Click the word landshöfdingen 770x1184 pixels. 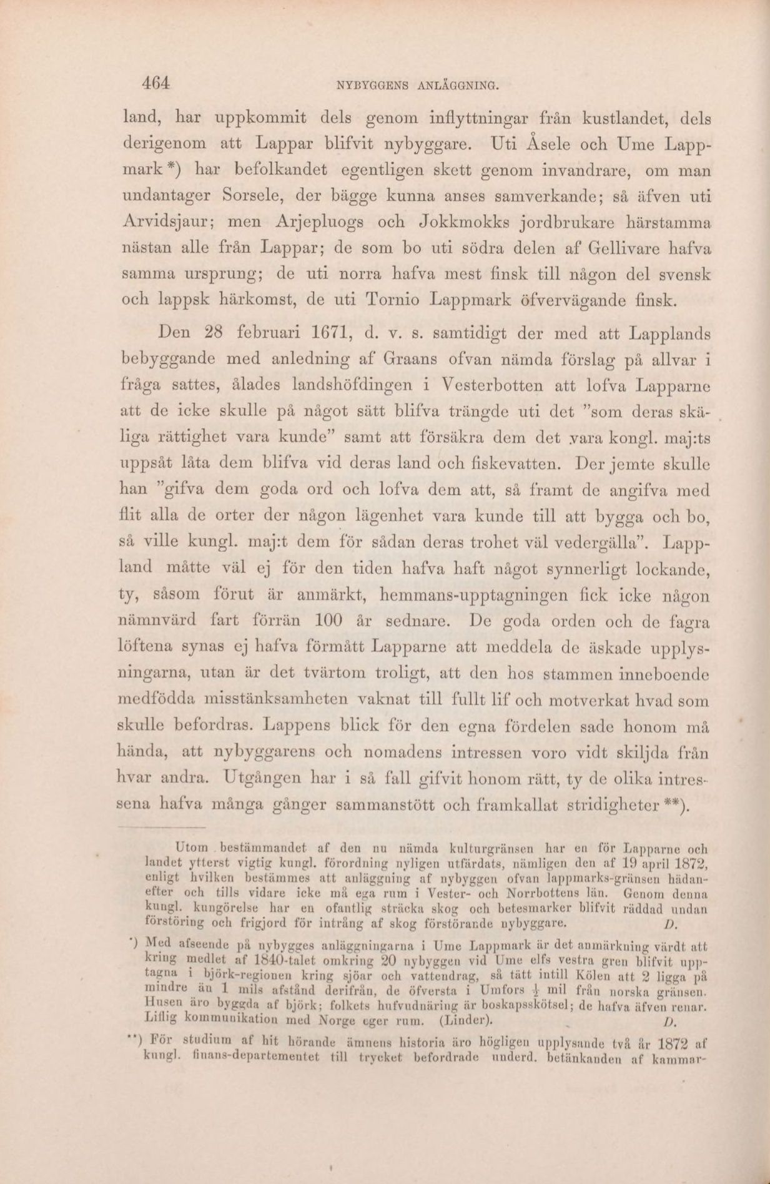point(338,386)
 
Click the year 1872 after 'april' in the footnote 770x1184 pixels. point(691,865)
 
